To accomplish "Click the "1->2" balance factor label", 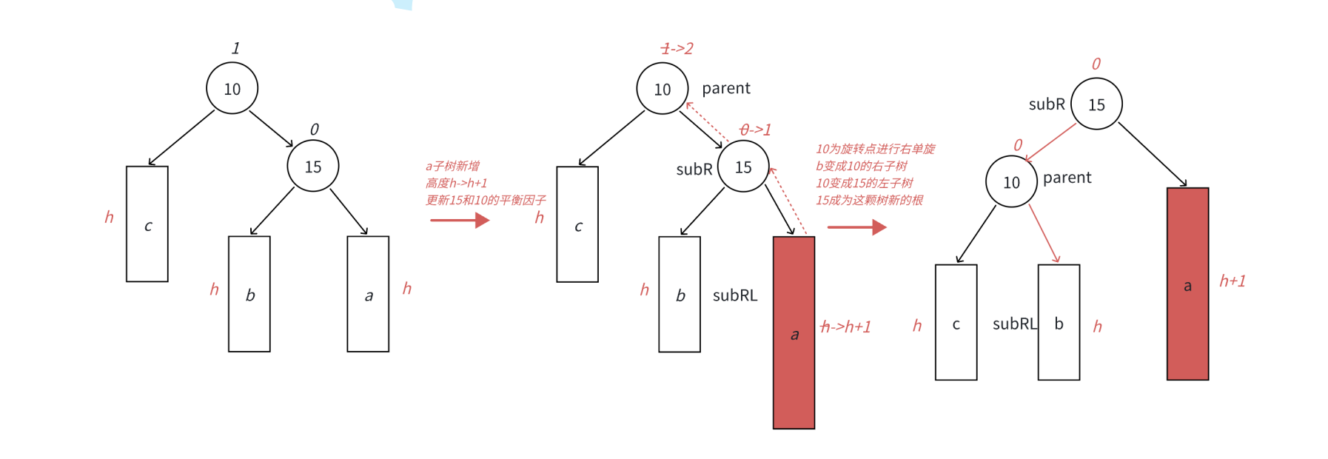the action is coord(677,49).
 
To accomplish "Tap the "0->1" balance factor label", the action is coord(755,130).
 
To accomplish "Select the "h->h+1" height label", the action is coord(845,326).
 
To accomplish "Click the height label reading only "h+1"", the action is coord(1233,281).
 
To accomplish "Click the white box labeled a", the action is coord(368,294).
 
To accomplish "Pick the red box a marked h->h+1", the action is coord(794,332).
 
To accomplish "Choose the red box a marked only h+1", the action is coord(1187,284).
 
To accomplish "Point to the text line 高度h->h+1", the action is coord(456,183).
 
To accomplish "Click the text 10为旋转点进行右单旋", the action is coord(875,149).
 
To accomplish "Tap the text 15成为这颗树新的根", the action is coord(869,200).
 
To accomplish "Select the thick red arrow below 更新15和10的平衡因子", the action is coord(460,220).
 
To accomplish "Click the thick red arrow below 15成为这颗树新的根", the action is coord(857,227).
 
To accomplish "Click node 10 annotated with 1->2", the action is coord(662,89).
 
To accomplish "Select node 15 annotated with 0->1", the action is coord(743,167).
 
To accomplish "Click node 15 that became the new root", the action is coord(1096,104).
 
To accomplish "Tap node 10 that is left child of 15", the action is coord(1011,182).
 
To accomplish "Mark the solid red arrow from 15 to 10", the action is coord(1051,142).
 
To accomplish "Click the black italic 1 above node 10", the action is coord(235,49).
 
